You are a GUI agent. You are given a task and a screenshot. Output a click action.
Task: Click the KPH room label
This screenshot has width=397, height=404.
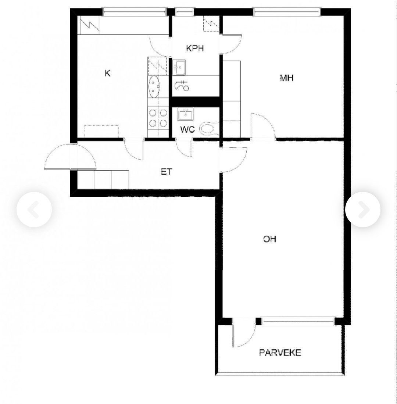(x=195, y=48)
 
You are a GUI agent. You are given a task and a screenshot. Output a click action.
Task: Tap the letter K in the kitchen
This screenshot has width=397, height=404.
(x=108, y=73)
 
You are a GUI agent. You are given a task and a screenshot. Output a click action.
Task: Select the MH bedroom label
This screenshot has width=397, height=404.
(x=286, y=78)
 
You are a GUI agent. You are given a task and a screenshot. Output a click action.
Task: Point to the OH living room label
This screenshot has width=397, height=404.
(x=270, y=239)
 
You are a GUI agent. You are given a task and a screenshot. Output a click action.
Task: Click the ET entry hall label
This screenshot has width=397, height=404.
(x=167, y=172)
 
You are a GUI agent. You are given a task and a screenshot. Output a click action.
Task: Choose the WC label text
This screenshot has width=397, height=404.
(x=187, y=129)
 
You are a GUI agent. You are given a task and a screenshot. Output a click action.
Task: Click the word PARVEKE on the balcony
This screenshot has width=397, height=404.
(x=280, y=353)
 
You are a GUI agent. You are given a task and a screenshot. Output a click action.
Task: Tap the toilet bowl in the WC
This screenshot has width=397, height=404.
(x=209, y=129)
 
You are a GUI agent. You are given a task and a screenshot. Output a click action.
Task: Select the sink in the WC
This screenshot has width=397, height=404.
(x=185, y=114)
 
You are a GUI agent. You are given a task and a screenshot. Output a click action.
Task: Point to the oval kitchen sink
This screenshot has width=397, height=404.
(x=154, y=87)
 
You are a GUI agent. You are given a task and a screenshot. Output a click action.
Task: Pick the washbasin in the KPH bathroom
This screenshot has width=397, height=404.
(x=179, y=67)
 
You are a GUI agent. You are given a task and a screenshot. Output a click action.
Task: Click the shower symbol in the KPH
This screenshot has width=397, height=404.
(x=182, y=86)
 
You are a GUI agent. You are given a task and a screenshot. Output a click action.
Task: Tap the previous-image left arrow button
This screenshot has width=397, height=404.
(x=34, y=210)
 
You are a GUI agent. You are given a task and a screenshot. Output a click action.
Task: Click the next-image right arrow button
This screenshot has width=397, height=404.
(x=363, y=210)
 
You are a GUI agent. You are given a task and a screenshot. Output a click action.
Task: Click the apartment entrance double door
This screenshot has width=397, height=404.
(x=70, y=157)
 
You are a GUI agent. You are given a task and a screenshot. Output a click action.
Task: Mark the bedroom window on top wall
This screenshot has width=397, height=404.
(x=287, y=12)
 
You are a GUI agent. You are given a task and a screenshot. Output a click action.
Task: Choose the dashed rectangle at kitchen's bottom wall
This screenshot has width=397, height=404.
(x=101, y=131)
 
